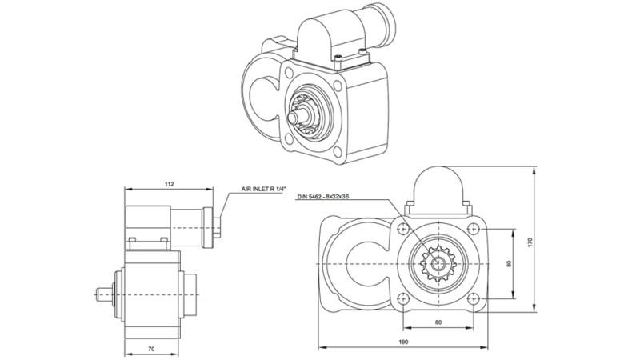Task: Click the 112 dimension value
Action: click(169, 184)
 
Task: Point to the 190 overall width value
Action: click(404, 342)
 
